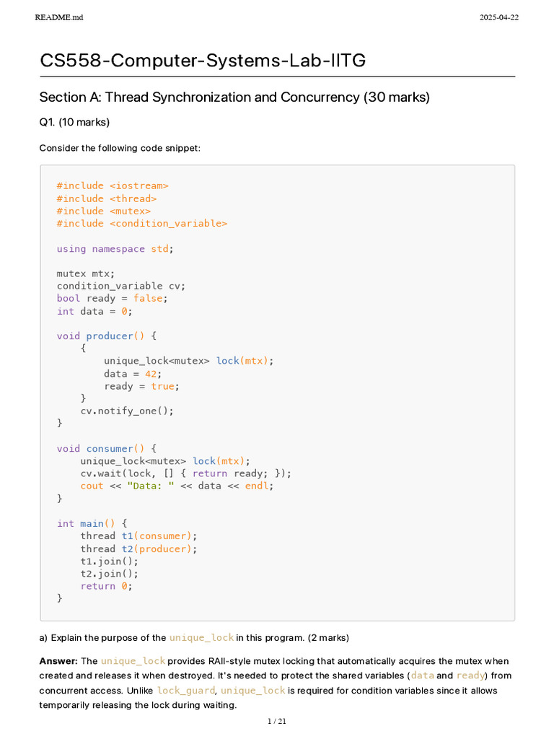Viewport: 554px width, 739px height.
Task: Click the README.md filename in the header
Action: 58,17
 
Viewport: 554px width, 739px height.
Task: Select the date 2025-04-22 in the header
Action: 498,17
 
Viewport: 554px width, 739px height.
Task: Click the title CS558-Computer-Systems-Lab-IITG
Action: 203,61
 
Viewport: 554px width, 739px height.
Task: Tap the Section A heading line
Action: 234,97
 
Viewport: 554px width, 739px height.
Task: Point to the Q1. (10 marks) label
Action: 74,122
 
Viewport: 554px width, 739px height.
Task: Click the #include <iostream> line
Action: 113,186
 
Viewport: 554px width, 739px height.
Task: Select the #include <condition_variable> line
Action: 142,224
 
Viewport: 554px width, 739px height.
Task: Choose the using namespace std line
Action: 115,249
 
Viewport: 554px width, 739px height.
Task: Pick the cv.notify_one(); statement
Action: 127,411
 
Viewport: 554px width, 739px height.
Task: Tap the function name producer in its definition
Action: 110,336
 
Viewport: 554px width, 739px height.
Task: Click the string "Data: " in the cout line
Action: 150,486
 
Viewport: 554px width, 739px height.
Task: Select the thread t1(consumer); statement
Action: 138,536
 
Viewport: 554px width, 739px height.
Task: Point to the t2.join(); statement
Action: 109,574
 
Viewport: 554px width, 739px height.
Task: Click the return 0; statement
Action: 106,586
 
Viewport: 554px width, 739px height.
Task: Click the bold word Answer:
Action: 58,661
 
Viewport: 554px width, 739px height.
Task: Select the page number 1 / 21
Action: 277,721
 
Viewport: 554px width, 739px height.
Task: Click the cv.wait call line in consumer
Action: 186,473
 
